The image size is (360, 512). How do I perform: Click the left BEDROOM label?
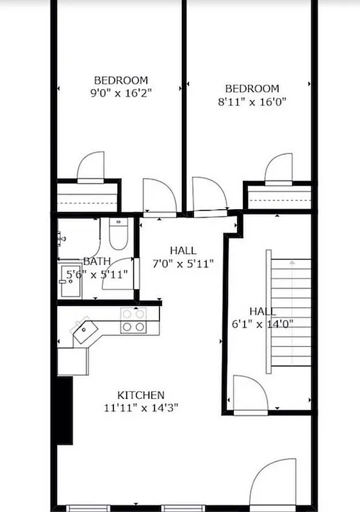coord(121,80)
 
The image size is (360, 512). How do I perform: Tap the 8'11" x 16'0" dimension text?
coord(252,100)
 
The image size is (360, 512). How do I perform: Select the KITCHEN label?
coord(140,395)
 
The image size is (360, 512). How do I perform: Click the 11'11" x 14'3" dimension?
coord(140,407)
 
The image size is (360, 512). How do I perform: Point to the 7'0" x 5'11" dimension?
coord(183,263)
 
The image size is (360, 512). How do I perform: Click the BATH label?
coord(97,261)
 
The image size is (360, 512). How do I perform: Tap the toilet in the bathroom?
coord(119,235)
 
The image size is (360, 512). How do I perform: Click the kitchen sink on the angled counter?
coord(83,331)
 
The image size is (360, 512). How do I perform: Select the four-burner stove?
coord(133,320)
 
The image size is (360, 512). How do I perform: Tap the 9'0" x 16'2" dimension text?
coord(121,92)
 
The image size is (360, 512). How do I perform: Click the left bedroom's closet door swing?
coord(90,165)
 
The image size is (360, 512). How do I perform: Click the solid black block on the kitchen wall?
coord(64,410)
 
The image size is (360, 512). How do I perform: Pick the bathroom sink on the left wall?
coord(61,237)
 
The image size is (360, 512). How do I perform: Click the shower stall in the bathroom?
coord(76,280)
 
